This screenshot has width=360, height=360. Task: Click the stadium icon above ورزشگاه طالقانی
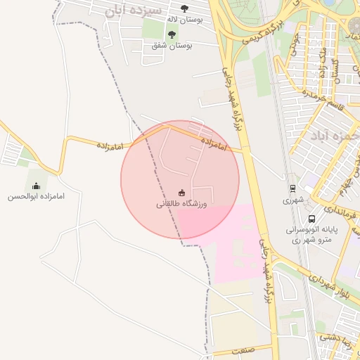tap(181, 193)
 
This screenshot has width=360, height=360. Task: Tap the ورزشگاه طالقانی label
tap(181, 204)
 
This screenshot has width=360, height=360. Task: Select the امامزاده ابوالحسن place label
tap(36, 197)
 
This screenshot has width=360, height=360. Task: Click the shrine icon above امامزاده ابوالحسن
tap(36, 186)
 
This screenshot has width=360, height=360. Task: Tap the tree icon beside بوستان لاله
tap(184, 9)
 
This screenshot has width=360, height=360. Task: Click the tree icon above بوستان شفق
tap(172, 33)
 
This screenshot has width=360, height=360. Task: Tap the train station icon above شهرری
tap(291, 188)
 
